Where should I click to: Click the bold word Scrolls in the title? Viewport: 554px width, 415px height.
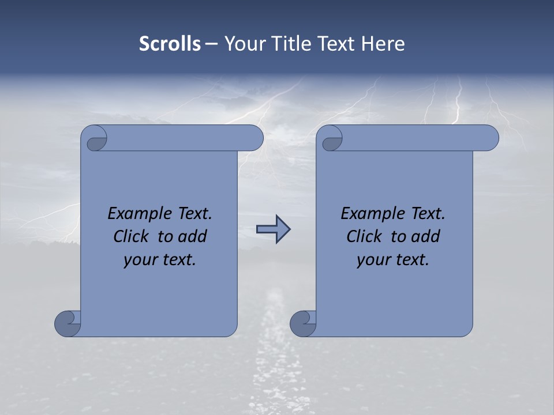[170, 44]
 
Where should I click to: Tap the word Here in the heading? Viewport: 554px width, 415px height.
[383, 44]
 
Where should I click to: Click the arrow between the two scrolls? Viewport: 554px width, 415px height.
[273, 230]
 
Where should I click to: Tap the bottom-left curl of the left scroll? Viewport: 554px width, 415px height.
[68, 323]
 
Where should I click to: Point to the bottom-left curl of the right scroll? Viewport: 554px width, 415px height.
[304, 323]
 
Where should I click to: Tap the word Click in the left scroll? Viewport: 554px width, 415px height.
[133, 237]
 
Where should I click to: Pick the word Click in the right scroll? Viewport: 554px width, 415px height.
[364, 237]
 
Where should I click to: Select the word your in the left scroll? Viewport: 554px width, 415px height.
[140, 260]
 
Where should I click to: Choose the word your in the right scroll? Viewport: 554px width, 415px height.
[373, 260]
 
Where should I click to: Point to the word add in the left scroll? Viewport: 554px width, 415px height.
[193, 237]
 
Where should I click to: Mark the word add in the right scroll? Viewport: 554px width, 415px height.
[426, 237]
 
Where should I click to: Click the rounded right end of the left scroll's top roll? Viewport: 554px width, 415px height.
[254, 138]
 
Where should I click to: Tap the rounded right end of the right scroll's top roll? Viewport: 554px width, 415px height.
[489, 138]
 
